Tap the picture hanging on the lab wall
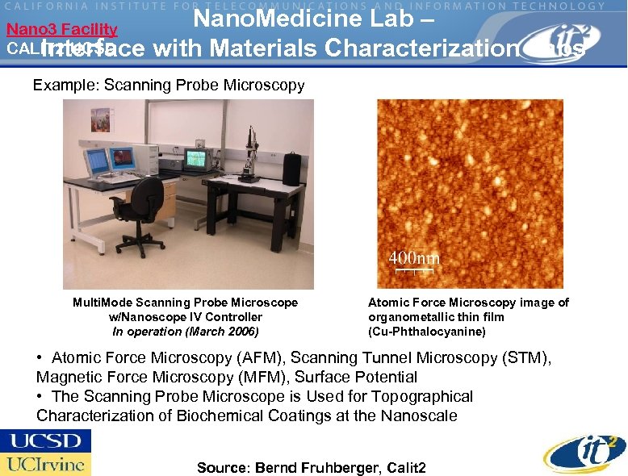coord(101,121)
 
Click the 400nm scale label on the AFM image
coord(414,258)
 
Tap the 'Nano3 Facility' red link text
coord(62,30)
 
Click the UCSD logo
coord(45,441)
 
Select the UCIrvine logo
coord(45,464)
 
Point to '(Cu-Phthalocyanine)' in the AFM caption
coord(426,332)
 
